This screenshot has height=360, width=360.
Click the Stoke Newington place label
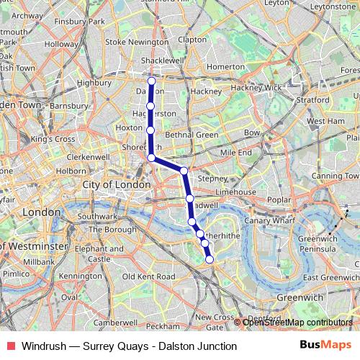[x=138, y=42]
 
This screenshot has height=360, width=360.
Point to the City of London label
[x=117, y=185]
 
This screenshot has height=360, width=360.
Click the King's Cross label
[x=53, y=138]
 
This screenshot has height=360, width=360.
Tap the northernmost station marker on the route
[x=151, y=81]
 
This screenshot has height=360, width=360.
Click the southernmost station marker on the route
[x=210, y=259]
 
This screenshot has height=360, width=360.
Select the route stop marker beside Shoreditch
[x=151, y=157]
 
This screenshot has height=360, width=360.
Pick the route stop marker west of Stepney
[x=184, y=171]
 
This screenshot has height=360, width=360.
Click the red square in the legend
[x=9, y=346]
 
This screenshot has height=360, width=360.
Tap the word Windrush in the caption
[x=42, y=346]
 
